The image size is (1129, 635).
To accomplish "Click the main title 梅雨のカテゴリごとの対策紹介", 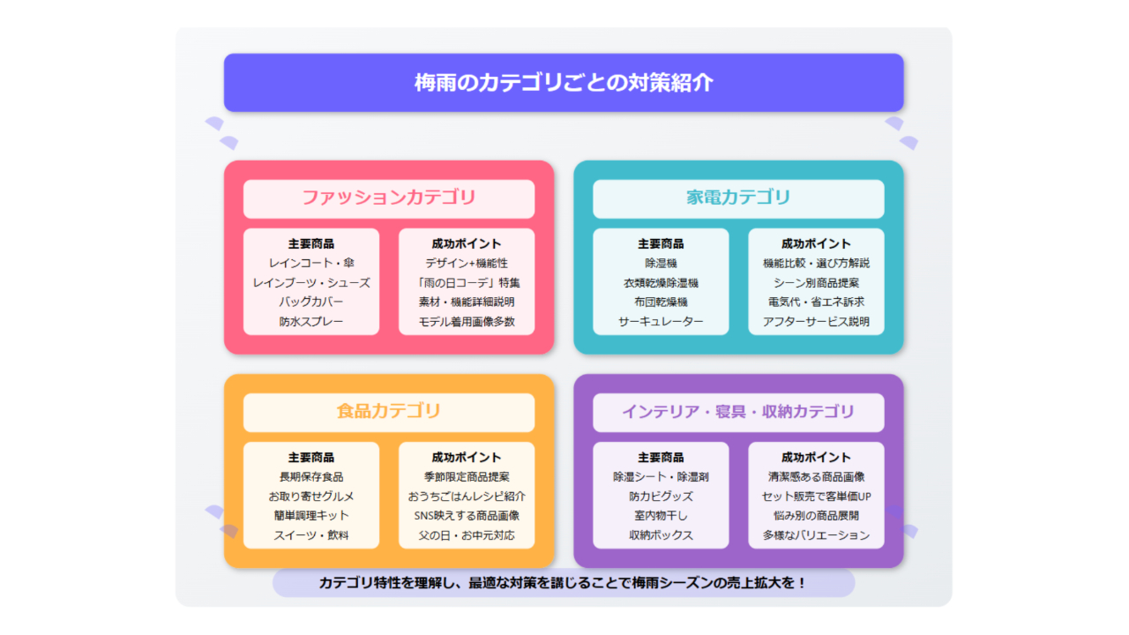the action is click(564, 83).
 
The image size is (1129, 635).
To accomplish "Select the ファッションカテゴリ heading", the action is click(389, 197).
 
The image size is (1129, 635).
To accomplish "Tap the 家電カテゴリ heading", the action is click(738, 197).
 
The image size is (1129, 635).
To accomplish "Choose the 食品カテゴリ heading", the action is click(389, 411).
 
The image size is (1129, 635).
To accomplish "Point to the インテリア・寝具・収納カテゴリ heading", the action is click(738, 412).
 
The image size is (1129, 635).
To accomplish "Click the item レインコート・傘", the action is click(311, 263).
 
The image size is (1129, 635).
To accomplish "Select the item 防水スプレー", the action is click(311, 322).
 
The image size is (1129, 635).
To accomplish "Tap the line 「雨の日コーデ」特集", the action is click(467, 283).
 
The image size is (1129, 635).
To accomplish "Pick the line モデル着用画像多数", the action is click(467, 322).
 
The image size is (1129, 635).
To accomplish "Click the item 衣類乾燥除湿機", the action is click(661, 283).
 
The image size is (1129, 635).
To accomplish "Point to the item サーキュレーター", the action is click(661, 322).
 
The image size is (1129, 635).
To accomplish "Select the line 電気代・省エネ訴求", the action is click(816, 302).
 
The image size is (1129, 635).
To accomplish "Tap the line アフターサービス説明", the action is click(816, 322).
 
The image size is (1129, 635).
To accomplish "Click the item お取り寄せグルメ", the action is click(311, 497).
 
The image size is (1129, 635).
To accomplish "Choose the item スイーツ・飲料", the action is click(311, 535).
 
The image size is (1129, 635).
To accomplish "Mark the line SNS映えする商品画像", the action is click(467, 516).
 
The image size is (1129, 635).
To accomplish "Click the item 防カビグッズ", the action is click(661, 497).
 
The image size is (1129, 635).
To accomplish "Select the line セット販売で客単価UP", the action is click(816, 497).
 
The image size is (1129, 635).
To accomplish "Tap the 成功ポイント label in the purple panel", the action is click(816, 458).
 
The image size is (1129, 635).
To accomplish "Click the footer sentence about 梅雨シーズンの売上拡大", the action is click(564, 583).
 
